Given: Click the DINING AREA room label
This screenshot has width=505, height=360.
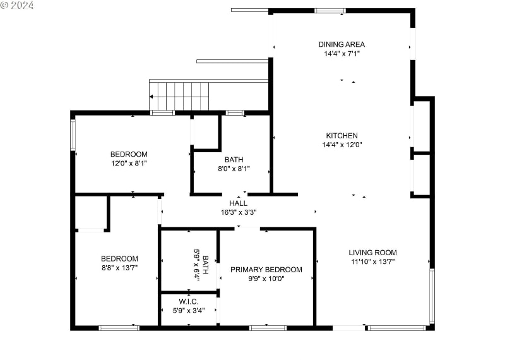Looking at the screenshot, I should pyautogui.click(x=341, y=44).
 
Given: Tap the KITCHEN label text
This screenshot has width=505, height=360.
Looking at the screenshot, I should pyautogui.click(x=342, y=135).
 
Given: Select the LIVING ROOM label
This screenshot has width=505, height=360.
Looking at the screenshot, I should pyautogui.click(x=373, y=253).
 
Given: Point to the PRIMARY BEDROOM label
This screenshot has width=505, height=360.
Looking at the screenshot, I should pyautogui.click(x=266, y=270).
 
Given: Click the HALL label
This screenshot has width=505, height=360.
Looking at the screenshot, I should pyautogui.click(x=239, y=203).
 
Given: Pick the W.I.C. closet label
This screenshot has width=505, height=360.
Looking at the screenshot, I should pyautogui.click(x=189, y=302).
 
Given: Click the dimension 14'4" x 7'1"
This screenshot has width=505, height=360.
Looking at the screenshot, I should pyautogui.click(x=341, y=54).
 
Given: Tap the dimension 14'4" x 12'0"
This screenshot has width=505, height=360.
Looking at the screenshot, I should pyautogui.click(x=342, y=145).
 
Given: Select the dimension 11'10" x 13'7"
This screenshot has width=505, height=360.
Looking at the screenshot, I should pyautogui.click(x=373, y=261).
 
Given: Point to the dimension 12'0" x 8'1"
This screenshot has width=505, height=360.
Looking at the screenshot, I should pyautogui.click(x=129, y=163).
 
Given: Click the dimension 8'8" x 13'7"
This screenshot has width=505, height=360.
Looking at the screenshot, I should pyautogui.click(x=119, y=268).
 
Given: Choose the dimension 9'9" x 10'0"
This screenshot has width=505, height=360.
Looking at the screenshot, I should pyautogui.click(x=266, y=279).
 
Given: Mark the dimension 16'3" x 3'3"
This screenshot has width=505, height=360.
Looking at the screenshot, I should pyautogui.click(x=239, y=212).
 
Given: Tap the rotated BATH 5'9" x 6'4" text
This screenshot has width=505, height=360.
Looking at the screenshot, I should pyautogui.click(x=201, y=260).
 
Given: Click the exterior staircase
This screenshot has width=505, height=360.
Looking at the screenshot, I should pyautogui.click(x=179, y=95).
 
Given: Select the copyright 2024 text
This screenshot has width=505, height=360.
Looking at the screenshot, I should pyautogui.click(x=18, y=5).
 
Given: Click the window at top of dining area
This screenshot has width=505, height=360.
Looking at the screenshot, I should pyautogui.click(x=330, y=11).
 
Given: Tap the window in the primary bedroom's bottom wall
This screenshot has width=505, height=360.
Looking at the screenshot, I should pyautogui.click(x=268, y=328).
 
